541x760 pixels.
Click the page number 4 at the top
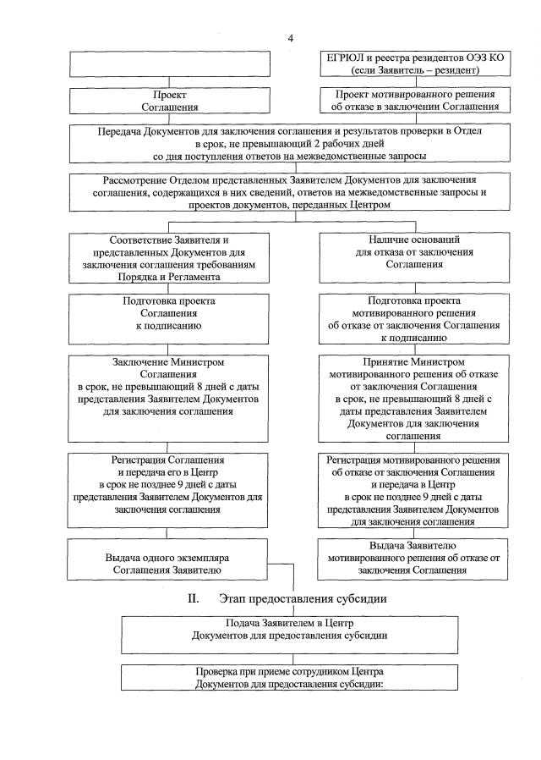click(x=290, y=38)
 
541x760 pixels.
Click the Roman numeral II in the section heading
click(x=193, y=599)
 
